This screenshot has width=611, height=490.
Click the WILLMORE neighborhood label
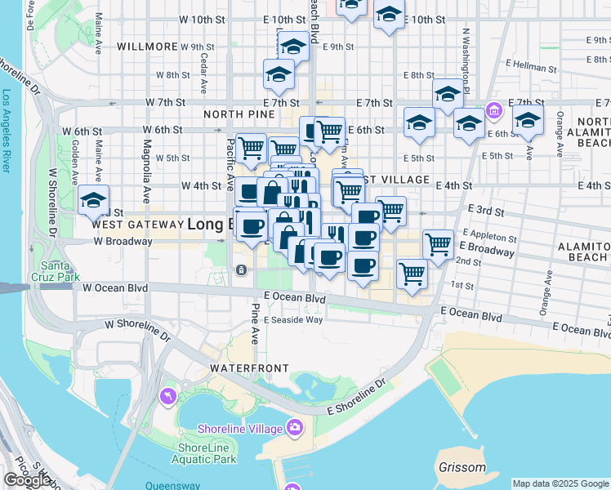coord(147,47)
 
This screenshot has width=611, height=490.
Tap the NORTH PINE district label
coord(238,115)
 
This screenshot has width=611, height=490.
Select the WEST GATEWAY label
coord(138,224)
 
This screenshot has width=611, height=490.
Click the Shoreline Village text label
coord(240,428)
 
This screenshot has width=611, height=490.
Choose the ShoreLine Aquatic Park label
coord(207,453)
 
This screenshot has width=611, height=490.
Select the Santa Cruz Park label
coord(58,271)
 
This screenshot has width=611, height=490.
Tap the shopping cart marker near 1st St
coord(413,274)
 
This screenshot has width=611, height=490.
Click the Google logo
coord(27,480)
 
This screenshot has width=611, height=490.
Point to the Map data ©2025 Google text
coord(560,483)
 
